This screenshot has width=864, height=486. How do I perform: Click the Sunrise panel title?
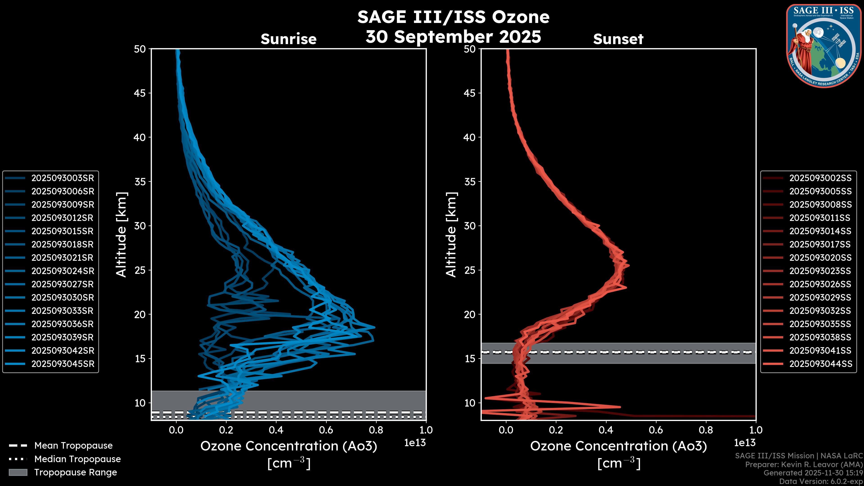288,39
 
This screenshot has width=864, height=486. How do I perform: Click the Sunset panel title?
618,39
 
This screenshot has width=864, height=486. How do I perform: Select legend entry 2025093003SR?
62,178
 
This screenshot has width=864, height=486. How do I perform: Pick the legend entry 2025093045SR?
62,364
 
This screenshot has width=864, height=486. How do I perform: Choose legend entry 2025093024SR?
62,271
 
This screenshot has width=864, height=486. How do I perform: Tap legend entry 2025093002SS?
820,178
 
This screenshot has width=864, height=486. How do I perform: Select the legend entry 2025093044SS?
820,364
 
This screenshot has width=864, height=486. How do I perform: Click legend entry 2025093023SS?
820,271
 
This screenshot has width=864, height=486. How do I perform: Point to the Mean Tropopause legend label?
73,446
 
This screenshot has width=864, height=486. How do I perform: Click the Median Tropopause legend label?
77,459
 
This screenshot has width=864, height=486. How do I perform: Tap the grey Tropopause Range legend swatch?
18,472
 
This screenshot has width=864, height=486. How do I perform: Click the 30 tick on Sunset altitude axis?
470,226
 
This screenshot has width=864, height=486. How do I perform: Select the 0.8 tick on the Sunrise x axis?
376,430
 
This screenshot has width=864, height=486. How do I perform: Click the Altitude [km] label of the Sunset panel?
451,235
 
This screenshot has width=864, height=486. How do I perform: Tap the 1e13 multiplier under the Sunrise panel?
414,443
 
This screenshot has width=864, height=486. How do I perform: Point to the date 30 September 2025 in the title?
453,37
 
